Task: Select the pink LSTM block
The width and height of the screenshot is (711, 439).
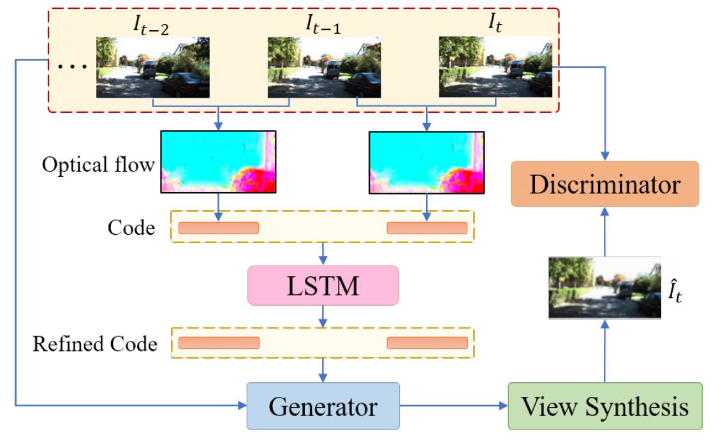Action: [x=323, y=285]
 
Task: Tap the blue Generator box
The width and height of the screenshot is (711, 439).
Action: [x=323, y=406]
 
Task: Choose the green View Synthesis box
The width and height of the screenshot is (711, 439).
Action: [x=604, y=406]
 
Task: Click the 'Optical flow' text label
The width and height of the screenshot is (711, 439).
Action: [x=98, y=165]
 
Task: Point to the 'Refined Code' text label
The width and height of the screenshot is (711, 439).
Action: [x=95, y=344]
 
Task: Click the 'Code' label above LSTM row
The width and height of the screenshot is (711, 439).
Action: [x=132, y=228]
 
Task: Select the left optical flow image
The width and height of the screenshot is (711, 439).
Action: [x=218, y=162]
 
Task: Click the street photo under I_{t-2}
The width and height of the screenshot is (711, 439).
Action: [x=153, y=67]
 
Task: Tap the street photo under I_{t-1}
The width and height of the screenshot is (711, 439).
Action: [x=324, y=67]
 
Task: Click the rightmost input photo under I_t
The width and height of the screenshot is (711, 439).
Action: [x=495, y=67]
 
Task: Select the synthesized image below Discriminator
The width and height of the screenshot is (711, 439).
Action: [x=605, y=287]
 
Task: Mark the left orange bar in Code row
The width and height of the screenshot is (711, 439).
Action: [x=219, y=228]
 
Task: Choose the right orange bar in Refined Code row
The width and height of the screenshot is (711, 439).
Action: [x=427, y=343]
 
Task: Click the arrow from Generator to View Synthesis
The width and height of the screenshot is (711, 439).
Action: [x=453, y=405]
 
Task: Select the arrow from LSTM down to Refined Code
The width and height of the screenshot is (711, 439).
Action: [x=323, y=316]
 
